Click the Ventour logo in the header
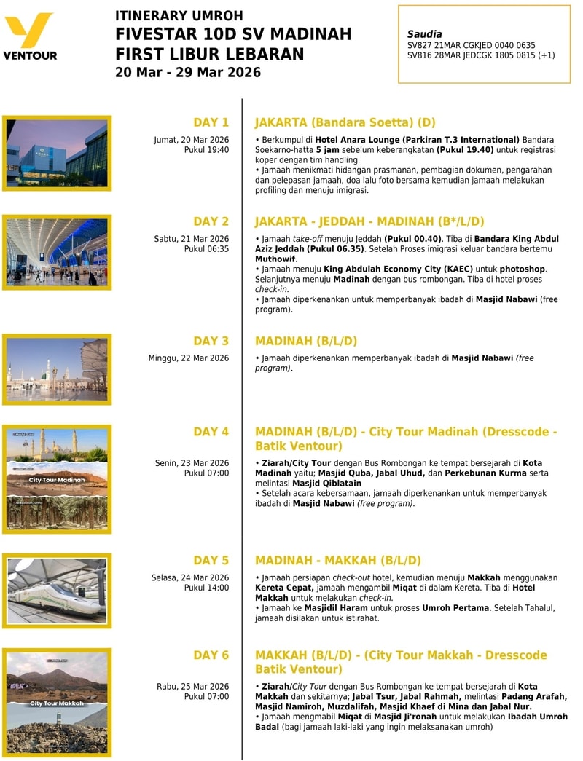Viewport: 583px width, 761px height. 30,36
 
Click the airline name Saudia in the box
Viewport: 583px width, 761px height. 424,34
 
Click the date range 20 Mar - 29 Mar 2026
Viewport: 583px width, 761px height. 188,72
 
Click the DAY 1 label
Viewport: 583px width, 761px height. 211,122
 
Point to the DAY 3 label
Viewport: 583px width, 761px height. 211,341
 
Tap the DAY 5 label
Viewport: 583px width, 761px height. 211,561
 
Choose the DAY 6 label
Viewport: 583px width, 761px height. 211,655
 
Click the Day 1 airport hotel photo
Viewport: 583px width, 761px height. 57,153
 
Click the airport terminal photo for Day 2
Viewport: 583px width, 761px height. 57,252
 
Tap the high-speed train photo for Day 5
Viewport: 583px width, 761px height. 57,590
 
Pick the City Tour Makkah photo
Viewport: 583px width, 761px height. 57,702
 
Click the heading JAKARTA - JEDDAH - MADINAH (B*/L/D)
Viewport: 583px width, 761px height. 369,221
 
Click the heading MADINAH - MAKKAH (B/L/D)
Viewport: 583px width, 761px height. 338,561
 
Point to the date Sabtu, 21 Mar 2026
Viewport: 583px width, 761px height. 191,239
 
